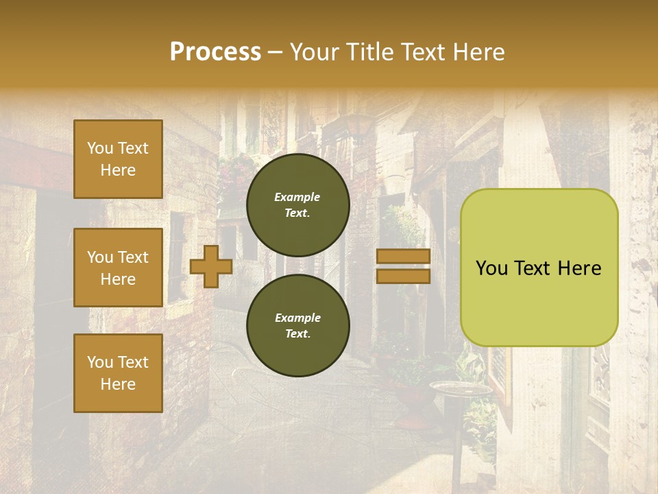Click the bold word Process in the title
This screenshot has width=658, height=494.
pyautogui.click(x=215, y=51)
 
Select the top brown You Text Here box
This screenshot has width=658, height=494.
pyautogui.click(x=118, y=159)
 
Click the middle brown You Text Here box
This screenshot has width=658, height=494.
pyautogui.click(x=118, y=268)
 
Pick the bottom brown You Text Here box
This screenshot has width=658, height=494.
pyautogui.click(x=118, y=373)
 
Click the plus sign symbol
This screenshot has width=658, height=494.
pyautogui.click(x=211, y=266)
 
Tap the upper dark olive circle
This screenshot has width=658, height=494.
pyautogui.click(x=297, y=205)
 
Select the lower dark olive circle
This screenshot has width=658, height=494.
pyautogui.click(x=297, y=326)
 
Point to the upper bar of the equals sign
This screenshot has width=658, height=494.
pyautogui.click(x=403, y=256)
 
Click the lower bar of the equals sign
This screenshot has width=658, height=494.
pyautogui.click(x=403, y=276)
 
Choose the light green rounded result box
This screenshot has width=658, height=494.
pyautogui.click(x=539, y=268)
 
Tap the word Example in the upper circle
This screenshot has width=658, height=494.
pyautogui.click(x=297, y=197)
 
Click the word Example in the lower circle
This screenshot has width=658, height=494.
pyautogui.click(x=297, y=318)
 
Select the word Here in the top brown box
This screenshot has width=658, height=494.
pyautogui.click(x=118, y=170)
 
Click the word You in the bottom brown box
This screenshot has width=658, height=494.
pyautogui.click(x=100, y=362)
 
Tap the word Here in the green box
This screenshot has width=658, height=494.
pyautogui.click(x=581, y=268)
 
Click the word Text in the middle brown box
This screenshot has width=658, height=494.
pyautogui.click(x=132, y=257)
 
